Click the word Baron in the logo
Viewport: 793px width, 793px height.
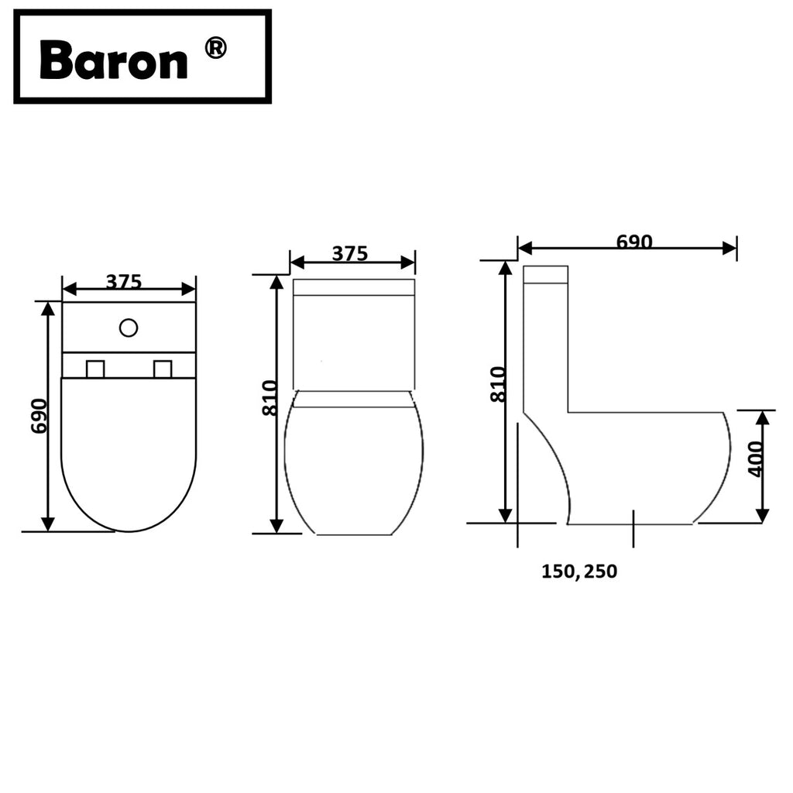click(113, 60)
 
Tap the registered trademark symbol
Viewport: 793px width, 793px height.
click(215, 49)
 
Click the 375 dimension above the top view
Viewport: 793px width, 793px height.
click(124, 281)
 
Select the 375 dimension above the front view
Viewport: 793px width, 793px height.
click(350, 253)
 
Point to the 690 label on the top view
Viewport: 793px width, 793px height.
click(39, 416)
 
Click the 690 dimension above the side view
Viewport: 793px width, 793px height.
click(634, 242)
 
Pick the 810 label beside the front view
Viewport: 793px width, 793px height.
click(270, 398)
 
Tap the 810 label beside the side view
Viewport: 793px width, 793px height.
click(498, 384)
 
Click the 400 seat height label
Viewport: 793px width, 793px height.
click(756, 458)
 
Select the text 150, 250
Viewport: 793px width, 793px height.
click(579, 572)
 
